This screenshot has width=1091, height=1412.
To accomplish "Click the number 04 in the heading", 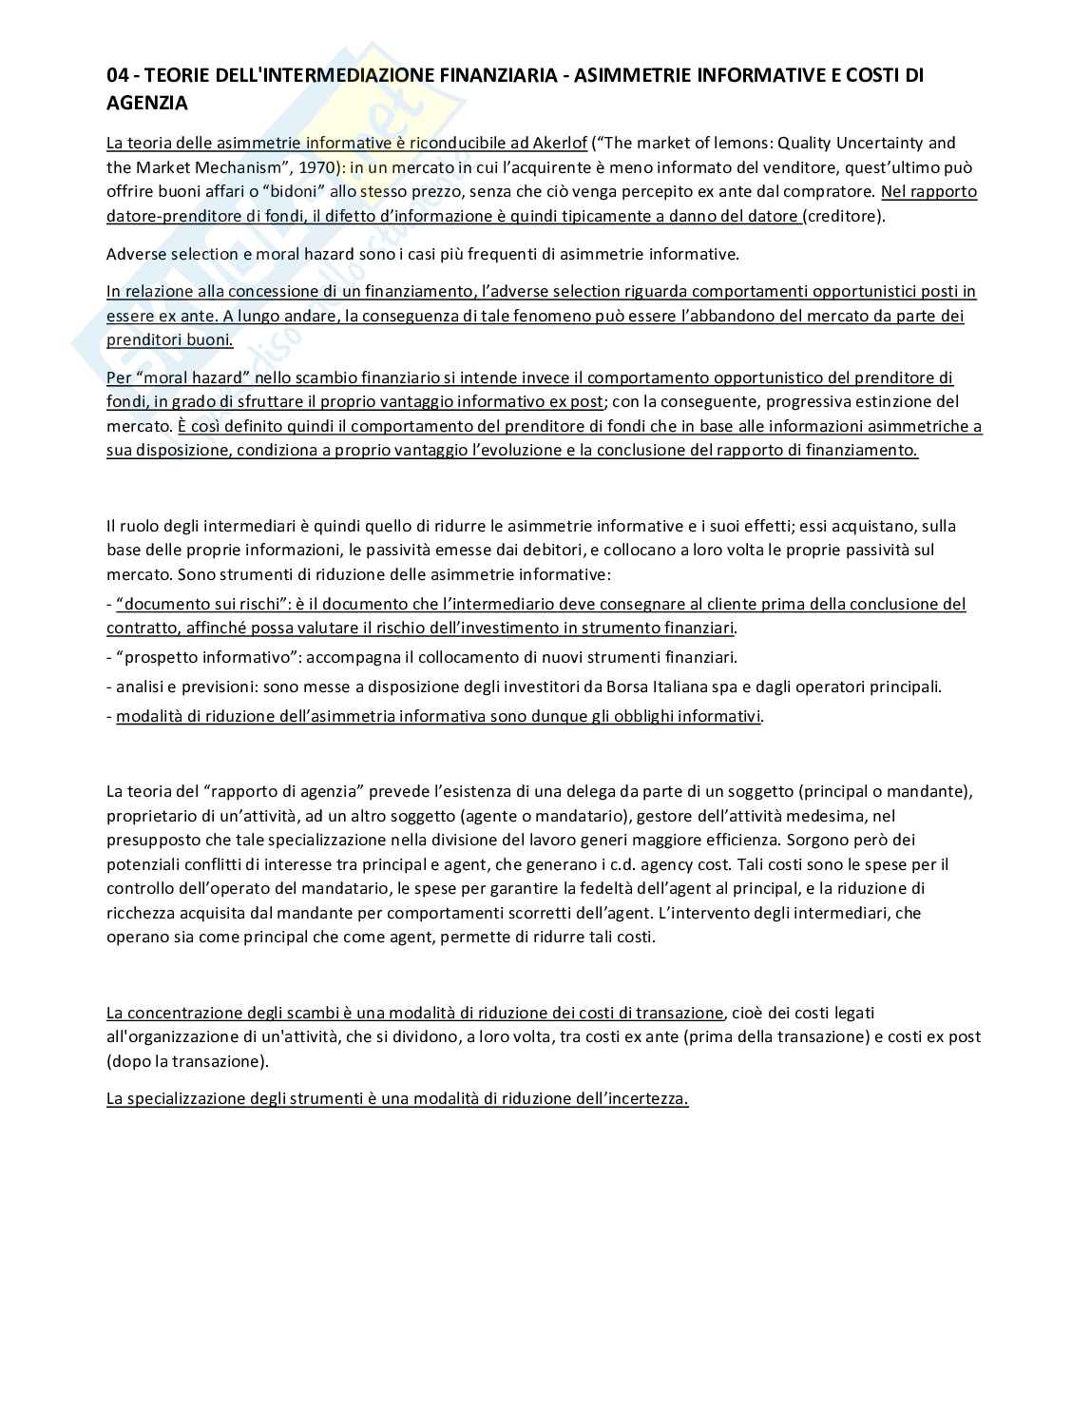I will pyautogui.click(x=117, y=75).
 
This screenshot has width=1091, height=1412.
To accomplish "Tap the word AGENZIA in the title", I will pyautogui.click(x=146, y=103).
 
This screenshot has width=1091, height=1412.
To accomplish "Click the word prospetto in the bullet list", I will pyautogui.click(x=158, y=657).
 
